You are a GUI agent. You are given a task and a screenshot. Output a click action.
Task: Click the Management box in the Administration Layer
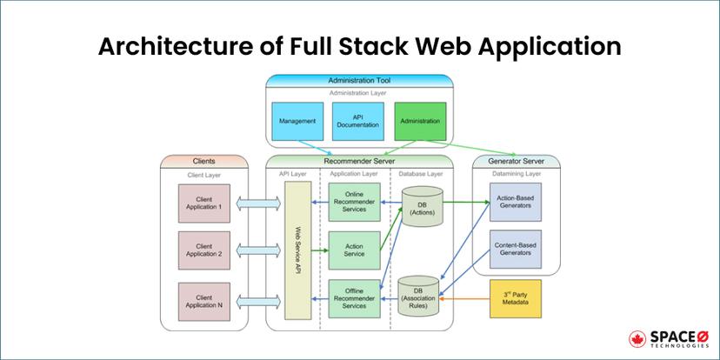[298, 122]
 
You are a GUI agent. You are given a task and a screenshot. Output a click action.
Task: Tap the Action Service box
[354, 250]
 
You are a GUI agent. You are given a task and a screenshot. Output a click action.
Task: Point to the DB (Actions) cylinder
[421, 210]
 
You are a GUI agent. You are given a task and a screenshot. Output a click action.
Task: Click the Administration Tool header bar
[358, 80]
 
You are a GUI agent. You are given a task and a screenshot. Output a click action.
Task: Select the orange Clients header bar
[203, 161]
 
